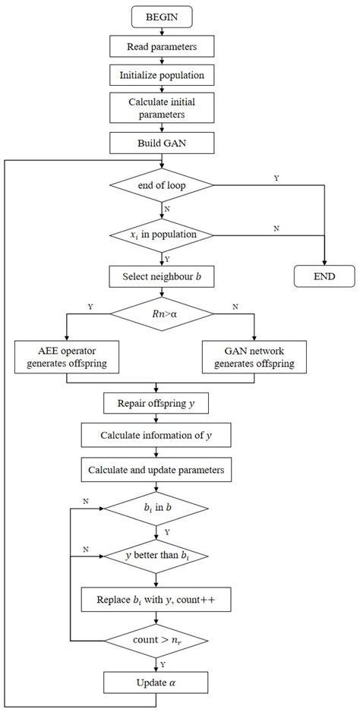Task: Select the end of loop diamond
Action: click(x=161, y=184)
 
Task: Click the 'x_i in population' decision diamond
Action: click(x=161, y=235)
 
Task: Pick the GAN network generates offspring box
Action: click(x=255, y=355)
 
